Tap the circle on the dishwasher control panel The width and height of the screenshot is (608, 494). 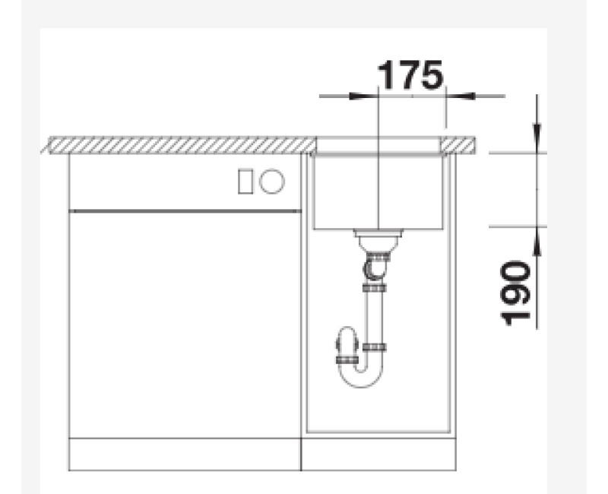(272, 181)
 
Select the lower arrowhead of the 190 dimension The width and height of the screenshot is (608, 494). (537, 236)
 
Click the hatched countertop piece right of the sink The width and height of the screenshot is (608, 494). (460, 143)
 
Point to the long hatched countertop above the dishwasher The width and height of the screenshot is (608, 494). (182, 144)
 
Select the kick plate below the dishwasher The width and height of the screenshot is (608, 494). (185, 454)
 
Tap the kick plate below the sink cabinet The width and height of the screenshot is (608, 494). (378, 454)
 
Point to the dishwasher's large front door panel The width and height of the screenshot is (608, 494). (185, 323)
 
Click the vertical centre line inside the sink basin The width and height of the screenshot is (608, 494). (378, 190)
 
